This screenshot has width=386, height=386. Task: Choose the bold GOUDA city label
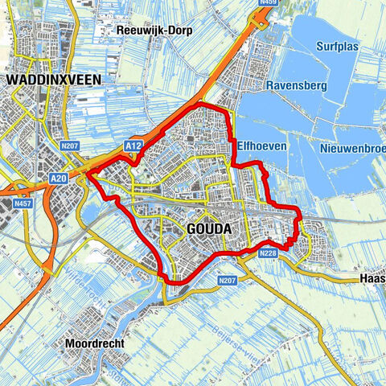coord(208,229)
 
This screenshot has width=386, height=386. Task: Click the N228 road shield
coord(269,253)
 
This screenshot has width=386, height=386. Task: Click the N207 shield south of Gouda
coord(228,281)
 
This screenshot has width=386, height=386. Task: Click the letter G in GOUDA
coord(191,229)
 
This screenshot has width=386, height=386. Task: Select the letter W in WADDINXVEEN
coord(12,80)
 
